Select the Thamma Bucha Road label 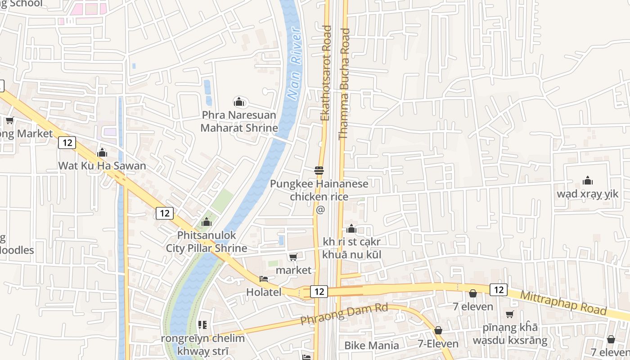(344, 84)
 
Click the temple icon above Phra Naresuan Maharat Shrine (239, 102)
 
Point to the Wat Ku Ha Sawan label (102, 166)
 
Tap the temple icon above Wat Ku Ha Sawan (102, 153)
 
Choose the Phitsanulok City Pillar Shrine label (207, 242)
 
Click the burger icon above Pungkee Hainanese (319, 171)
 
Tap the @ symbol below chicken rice (320, 210)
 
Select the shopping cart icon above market (293, 257)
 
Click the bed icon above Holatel (264, 279)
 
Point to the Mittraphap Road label (563, 303)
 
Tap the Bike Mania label (371, 345)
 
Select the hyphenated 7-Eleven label (437, 344)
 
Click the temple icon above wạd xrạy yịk (587, 181)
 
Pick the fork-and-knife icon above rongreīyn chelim (202, 325)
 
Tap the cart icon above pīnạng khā (509, 314)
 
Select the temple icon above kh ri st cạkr (351, 229)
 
